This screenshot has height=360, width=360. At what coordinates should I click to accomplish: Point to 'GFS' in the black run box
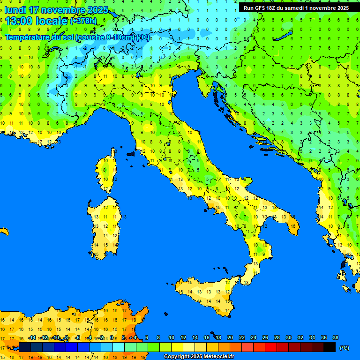click(x=259, y=8)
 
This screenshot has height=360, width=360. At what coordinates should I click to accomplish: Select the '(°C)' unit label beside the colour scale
click(x=344, y=348)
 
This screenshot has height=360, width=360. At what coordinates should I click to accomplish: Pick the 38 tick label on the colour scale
click(x=335, y=337)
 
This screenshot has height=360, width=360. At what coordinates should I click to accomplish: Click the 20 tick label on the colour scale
click(x=230, y=337)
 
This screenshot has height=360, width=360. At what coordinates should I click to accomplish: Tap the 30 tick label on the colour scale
click(x=288, y=337)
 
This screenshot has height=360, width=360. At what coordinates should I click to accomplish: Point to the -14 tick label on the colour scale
click(x=32, y=337)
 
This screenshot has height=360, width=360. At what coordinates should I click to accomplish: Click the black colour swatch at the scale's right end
click(x=330, y=347)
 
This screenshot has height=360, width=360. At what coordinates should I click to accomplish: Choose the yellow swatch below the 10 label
click(x=177, y=347)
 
